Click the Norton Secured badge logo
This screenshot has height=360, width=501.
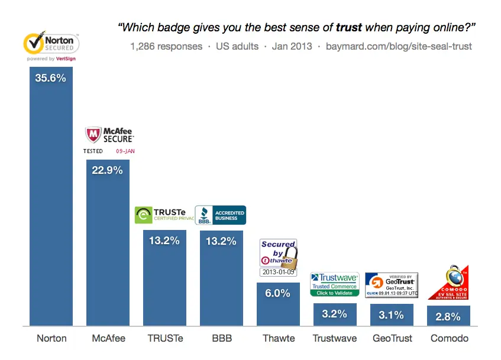51,46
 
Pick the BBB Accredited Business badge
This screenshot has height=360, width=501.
220,215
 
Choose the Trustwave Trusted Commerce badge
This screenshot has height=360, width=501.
335,284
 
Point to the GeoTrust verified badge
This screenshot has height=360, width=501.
392,285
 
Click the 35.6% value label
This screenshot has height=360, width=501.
51,77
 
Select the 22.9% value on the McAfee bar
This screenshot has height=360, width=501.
108,170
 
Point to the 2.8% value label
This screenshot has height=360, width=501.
448,316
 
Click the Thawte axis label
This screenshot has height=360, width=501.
278,339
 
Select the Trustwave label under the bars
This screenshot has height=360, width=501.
335,339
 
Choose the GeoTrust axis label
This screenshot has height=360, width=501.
392,339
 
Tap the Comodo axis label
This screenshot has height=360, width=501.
448,339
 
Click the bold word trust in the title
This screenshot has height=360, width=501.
349,27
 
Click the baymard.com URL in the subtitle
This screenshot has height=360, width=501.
399,46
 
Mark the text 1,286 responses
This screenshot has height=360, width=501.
166,46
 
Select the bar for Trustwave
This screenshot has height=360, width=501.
335,314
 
